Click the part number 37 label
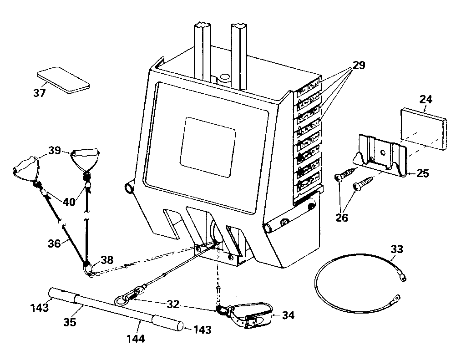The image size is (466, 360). (x=40, y=93)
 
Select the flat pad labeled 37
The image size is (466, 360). (x=62, y=80)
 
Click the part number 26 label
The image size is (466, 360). (x=341, y=218)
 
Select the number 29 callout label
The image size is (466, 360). (x=359, y=66)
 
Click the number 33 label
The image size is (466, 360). (x=396, y=249)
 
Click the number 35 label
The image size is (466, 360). (x=70, y=322)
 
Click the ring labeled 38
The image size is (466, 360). (x=88, y=269)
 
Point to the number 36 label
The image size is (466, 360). (x=54, y=244)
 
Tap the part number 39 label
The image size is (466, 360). (x=55, y=151)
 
